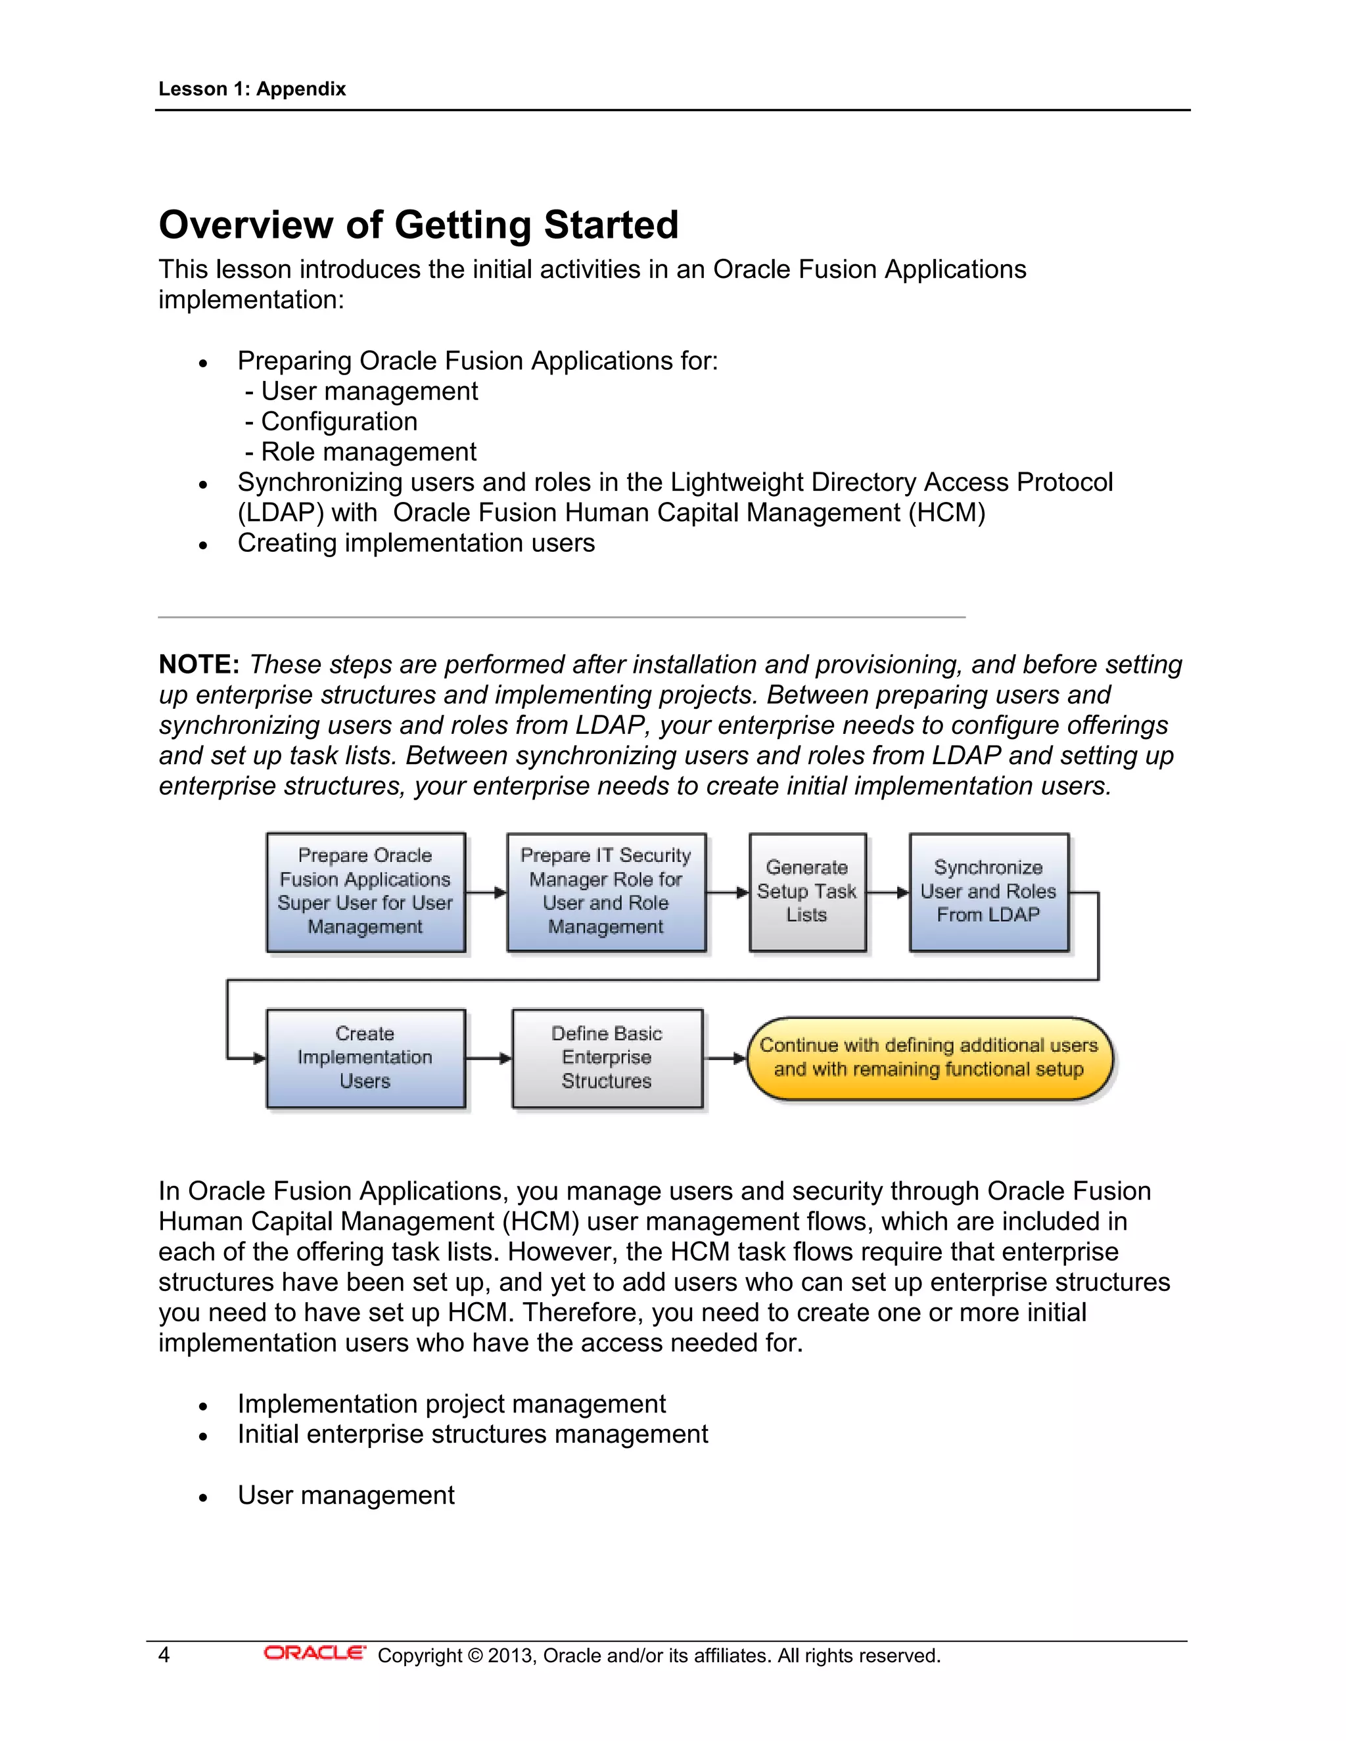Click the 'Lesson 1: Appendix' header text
click(x=252, y=89)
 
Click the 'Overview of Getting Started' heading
click(x=419, y=225)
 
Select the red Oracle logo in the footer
click(x=314, y=1654)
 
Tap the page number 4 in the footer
click(x=164, y=1655)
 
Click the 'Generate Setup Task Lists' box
click(x=807, y=892)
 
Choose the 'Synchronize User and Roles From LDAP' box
click(x=988, y=892)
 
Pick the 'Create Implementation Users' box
click(x=365, y=1058)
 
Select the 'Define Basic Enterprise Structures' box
click(x=607, y=1058)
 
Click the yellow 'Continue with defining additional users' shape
click(x=929, y=1058)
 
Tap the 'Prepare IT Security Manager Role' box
click(x=606, y=892)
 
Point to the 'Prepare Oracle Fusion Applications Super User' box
click(x=365, y=892)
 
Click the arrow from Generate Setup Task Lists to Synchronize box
click(x=887, y=892)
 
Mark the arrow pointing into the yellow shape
click(x=725, y=1058)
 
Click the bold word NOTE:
click(x=199, y=664)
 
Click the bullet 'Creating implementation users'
click(x=415, y=543)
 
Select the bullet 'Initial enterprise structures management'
click(x=472, y=1434)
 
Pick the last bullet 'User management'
click(x=345, y=1495)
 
